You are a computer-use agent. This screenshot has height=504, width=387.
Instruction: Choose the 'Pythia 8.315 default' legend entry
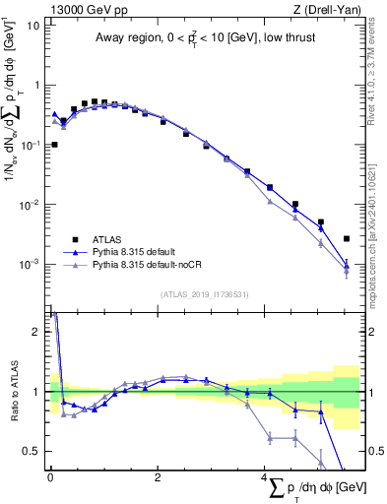pyautogui.click(x=138, y=253)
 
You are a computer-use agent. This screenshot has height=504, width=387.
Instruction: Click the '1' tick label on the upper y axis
pyautogui.click(x=36, y=85)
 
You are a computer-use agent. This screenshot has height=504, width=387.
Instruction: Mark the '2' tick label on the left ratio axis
pyautogui.click(x=37, y=332)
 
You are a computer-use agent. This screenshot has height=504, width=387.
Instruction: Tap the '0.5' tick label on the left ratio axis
pyautogui.click(x=32, y=451)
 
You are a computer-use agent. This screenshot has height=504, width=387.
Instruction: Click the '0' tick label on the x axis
pyautogui.click(x=50, y=476)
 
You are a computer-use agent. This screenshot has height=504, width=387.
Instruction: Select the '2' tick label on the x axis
pyautogui.click(x=158, y=476)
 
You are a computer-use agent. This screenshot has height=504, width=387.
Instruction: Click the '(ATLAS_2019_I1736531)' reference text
pyautogui.click(x=204, y=293)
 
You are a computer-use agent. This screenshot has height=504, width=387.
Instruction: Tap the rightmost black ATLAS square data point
pyautogui.click(x=346, y=238)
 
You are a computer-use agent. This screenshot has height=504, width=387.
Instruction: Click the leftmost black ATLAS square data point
pyautogui.click(x=53, y=145)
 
